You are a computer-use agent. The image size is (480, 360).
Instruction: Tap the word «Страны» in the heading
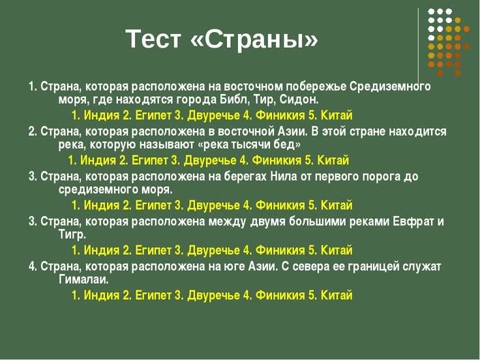(254, 39)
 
